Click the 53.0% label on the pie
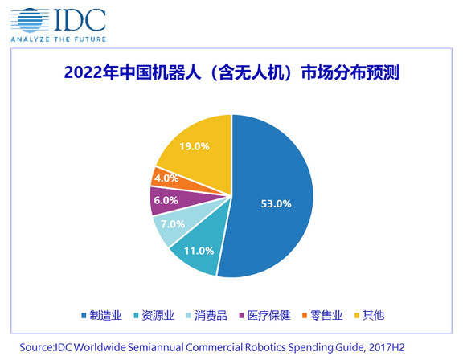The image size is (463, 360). (276, 203)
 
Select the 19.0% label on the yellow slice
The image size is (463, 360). (195, 146)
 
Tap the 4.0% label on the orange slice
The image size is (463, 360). (166, 178)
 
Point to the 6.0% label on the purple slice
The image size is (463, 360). (166, 200)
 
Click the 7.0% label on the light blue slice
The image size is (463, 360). (173, 224)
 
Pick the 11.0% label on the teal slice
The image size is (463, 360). (199, 251)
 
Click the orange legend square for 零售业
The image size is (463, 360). (305, 316)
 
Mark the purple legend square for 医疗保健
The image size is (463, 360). (241, 316)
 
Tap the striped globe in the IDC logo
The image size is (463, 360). (30, 20)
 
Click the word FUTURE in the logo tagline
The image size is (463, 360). (90, 39)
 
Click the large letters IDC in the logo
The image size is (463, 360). (80, 19)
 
